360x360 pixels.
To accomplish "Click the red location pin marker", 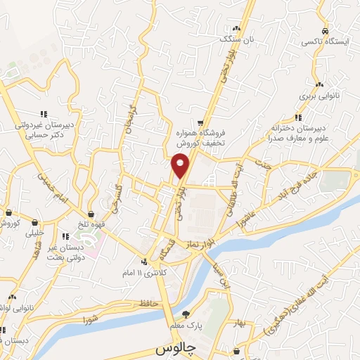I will [x=180, y=165].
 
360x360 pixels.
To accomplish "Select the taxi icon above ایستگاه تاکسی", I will [x=324, y=32].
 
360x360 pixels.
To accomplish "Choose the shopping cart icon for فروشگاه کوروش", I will [x=201, y=123].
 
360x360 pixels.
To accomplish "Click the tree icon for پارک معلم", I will [x=186, y=314].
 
